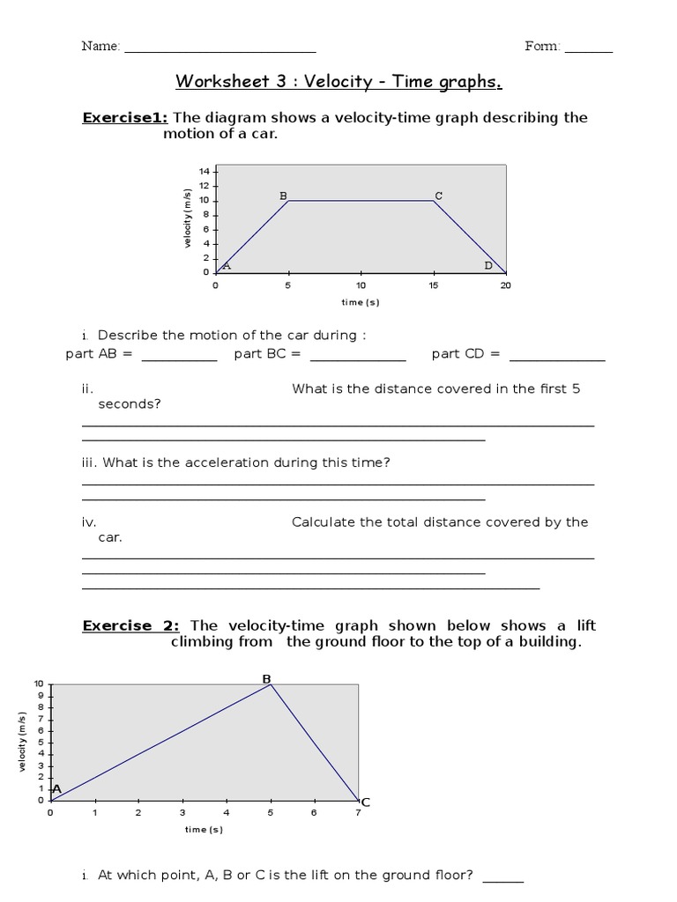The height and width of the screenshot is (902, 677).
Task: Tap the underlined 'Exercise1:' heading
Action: click(x=125, y=118)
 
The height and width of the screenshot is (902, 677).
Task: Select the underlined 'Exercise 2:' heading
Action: click(x=130, y=625)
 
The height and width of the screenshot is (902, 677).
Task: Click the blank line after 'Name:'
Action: click(x=219, y=50)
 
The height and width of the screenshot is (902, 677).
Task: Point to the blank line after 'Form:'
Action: click(x=588, y=50)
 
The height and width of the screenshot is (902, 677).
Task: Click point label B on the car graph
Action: click(x=283, y=196)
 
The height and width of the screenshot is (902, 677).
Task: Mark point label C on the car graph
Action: click(x=438, y=196)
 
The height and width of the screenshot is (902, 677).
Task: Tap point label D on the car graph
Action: click(x=488, y=265)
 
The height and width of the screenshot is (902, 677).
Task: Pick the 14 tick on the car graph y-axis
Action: click(x=204, y=171)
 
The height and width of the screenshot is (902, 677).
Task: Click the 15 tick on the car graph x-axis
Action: click(x=433, y=285)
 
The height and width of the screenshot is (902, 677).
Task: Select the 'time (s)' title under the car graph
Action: click(x=361, y=302)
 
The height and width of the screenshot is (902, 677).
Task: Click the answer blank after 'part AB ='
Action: click(x=179, y=358)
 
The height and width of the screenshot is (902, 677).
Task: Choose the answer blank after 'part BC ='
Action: click(x=358, y=358)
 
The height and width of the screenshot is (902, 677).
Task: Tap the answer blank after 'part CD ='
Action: click(x=557, y=358)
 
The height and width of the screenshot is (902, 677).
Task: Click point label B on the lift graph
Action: click(x=266, y=678)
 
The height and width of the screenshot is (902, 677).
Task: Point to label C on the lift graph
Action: click(x=365, y=802)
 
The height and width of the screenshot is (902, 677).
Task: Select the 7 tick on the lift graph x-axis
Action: click(x=358, y=812)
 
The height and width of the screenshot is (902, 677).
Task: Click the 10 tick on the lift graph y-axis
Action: click(x=38, y=684)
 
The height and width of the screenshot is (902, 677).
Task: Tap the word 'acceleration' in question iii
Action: click(x=229, y=462)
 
